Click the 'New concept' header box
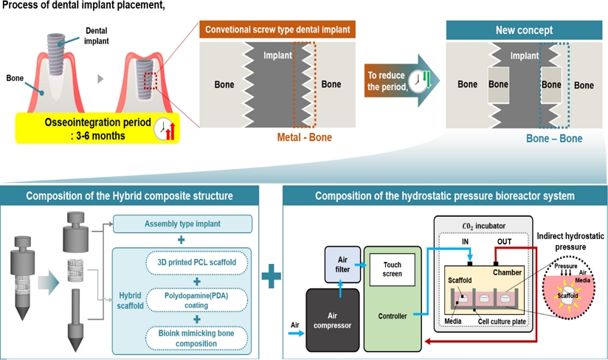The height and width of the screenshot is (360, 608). tap(524, 31)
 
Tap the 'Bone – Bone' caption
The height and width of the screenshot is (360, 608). tap(553, 138)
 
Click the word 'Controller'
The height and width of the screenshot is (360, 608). tap(391, 316)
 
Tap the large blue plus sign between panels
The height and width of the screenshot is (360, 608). tap(272, 277)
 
